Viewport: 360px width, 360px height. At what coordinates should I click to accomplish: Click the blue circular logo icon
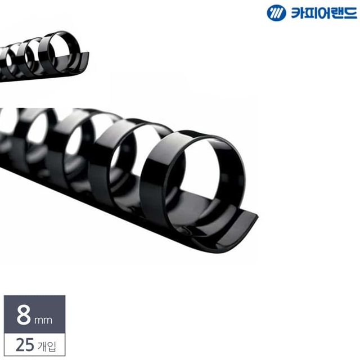tap(276, 12)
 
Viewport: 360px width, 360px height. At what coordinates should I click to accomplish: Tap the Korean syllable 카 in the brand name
tap(298, 12)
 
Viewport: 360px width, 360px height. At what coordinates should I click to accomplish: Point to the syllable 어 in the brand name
tap(323, 12)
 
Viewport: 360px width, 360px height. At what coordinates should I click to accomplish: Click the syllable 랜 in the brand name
tap(336, 13)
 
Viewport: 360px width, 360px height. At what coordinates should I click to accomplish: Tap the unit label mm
tap(43, 320)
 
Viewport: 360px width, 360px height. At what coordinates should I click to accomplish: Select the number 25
tap(25, 345)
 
